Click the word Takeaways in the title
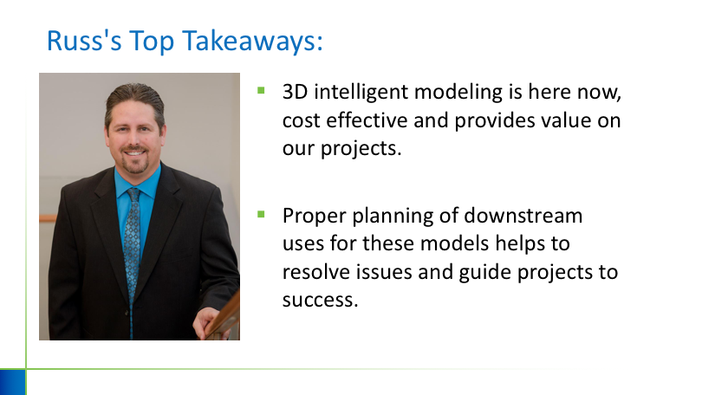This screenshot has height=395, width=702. click(252, 41)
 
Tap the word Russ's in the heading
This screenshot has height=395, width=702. click(84, 41)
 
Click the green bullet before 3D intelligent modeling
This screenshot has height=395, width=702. click(261, 91)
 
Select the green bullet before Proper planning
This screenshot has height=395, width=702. click(261, 214)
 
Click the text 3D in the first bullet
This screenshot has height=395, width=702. click(295, 92)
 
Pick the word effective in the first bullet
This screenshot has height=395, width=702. click(367, 120)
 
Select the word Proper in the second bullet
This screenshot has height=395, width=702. click(315, 217)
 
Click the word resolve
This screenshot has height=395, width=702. click(316, 272)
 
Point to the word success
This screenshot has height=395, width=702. click(320, 301)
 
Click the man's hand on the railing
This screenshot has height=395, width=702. click(210, 322)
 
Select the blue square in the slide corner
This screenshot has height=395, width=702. click(12, 382)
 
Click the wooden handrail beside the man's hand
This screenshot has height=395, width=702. click(226, 315)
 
